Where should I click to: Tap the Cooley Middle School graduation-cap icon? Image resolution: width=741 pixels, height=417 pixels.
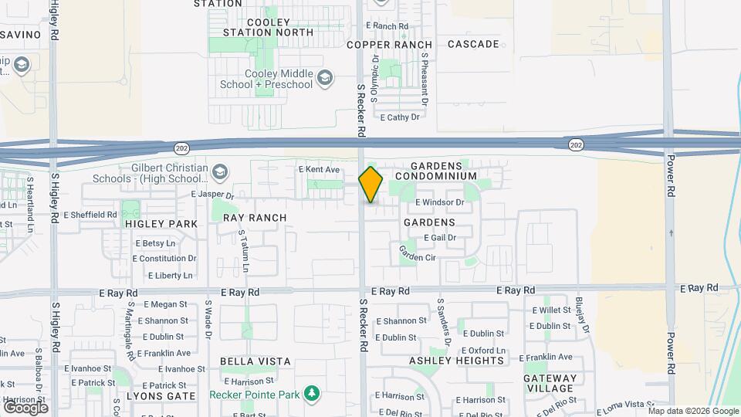[x=327, y=77]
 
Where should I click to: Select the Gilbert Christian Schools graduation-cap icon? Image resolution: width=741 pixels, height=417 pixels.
[x=220, y=171]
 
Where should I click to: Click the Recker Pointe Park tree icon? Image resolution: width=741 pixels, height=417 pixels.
[x=312, y=394]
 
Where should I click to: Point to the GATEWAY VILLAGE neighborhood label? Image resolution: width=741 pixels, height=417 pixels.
[x=549, y=383]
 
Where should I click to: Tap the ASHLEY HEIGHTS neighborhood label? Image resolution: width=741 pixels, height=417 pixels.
[x=456, y=361]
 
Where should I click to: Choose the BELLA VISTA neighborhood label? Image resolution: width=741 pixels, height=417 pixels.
[x=255, y=361]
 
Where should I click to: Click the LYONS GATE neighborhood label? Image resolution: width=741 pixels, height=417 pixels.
[x=159, y=396]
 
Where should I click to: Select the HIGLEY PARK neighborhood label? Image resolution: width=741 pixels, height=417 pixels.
[x=161, y=224]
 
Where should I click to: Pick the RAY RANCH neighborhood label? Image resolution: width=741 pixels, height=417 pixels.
[x=255, y=218]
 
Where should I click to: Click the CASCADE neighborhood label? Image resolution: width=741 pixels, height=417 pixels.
[x=473, y=44]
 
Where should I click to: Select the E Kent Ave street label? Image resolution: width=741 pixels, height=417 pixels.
[x=319, y=169]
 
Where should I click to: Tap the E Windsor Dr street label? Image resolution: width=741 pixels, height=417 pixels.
[x=439, y=202]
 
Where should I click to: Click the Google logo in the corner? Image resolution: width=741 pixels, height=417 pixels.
[x=25, y=407]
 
